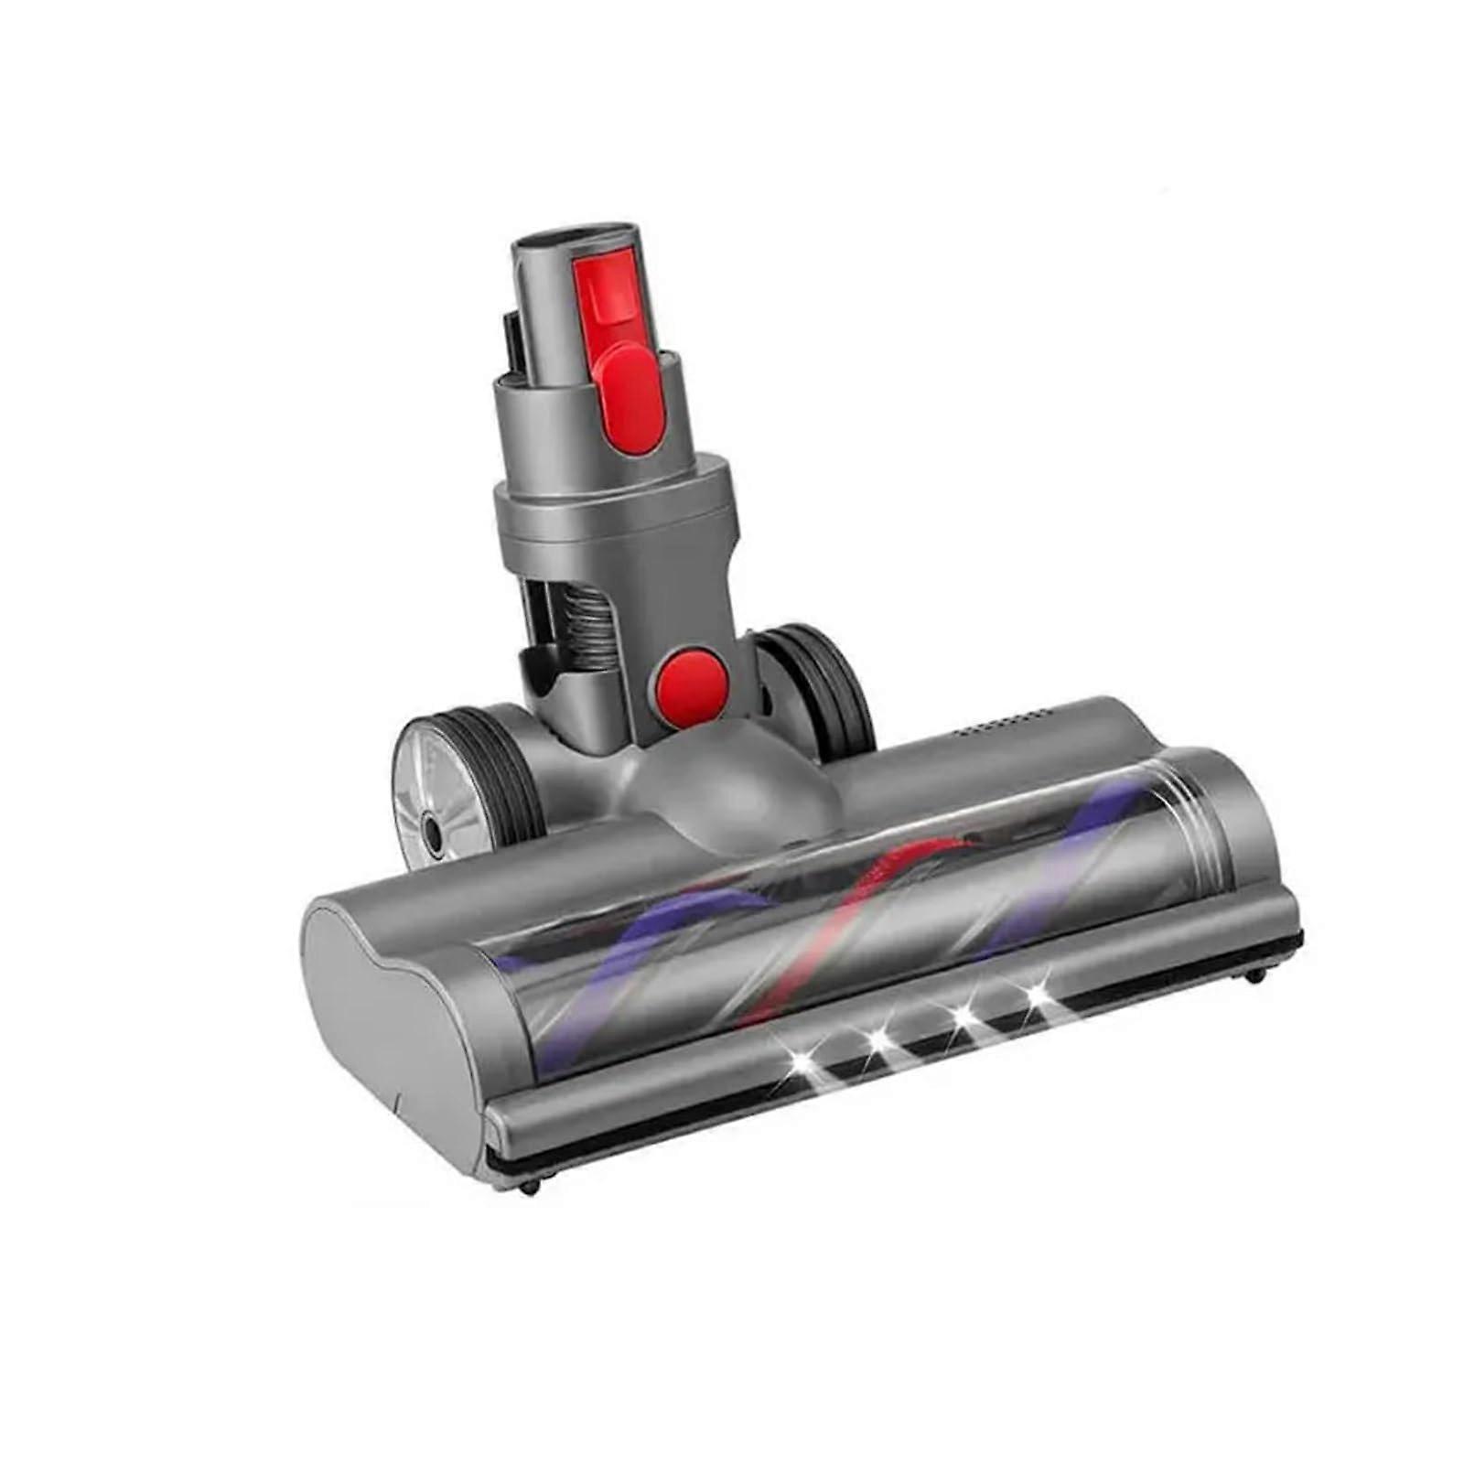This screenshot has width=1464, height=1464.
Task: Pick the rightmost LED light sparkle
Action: tap(1037, 994)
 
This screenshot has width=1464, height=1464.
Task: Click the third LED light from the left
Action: tap(960, 1017)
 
